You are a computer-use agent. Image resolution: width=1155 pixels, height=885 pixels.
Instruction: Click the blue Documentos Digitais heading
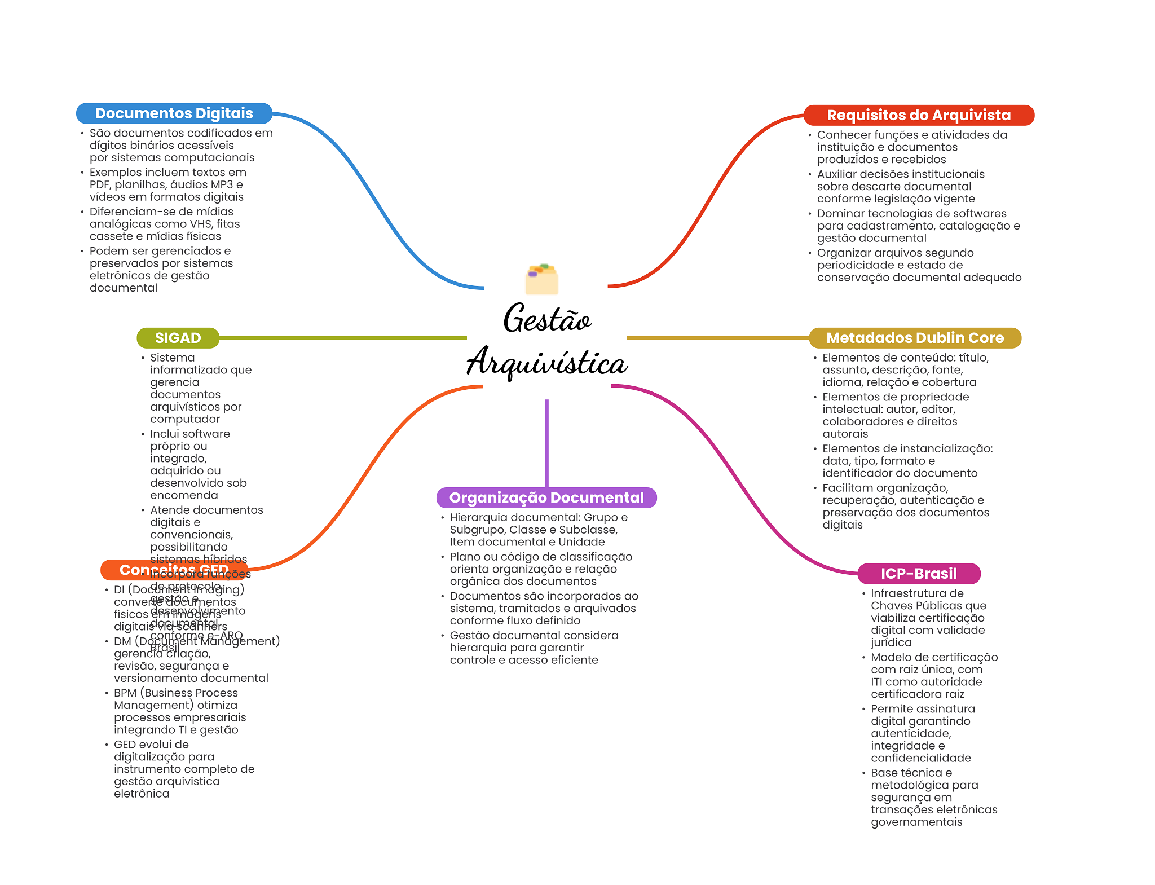pyautogui.click(x=174, y=113)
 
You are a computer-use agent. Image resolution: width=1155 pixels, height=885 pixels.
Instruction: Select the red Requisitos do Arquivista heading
pyautogui.click(x=918, y=115)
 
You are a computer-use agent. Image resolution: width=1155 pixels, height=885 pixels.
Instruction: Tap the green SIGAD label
pyautogui.click(x=178, y=338)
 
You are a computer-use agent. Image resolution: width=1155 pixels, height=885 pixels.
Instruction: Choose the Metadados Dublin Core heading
pyautogui.click(x=915, y=338)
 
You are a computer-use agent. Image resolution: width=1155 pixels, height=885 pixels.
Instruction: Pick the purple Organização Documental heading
pyautogui.click(x=546, y=497)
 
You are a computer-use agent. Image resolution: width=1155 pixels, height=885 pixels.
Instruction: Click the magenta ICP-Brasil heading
pyautogui.click(x=919, y=574)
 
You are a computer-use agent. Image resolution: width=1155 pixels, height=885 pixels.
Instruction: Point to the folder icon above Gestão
pyautogui.click(x=541, y=279)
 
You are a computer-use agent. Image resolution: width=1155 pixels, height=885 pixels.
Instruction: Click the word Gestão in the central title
pyautogui.click(x=547, y=319)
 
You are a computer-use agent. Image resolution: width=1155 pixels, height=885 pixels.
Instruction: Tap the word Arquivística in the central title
pyautogui.click(x=547, y=363)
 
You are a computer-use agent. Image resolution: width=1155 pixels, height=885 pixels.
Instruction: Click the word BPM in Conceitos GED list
pyautogui.click(x=125, y=693)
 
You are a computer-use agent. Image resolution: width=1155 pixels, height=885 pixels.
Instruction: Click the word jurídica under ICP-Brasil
pyautogui.click(x=891, y=642)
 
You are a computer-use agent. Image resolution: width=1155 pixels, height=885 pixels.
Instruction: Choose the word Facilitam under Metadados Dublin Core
pyautogui.click(x=848, y=488)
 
